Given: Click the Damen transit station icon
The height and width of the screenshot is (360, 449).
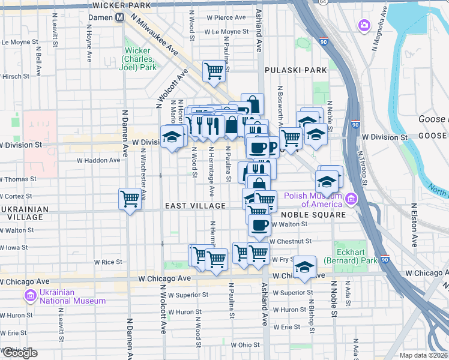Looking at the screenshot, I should (x=120, y=17).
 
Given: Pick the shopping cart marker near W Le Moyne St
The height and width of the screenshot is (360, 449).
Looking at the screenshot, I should (x=214, y=71).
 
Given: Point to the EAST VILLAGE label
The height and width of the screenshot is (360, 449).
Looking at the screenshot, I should (x=196, y=206).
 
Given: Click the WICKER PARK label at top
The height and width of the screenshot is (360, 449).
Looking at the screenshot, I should (x=122, y=5).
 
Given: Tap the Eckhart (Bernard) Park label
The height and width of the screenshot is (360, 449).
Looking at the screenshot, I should (x=348, y=256).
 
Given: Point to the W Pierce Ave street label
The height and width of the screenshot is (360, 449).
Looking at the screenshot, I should (x=227, y=17).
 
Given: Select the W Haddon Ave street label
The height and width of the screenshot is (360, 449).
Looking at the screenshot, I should (x=98, y=160).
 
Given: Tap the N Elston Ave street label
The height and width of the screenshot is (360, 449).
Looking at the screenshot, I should (x=414, y=224).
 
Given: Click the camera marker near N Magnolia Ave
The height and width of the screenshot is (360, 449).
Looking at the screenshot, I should (x=363, y=25).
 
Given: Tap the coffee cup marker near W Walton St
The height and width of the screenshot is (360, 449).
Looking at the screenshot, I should (x=259, y=226).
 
